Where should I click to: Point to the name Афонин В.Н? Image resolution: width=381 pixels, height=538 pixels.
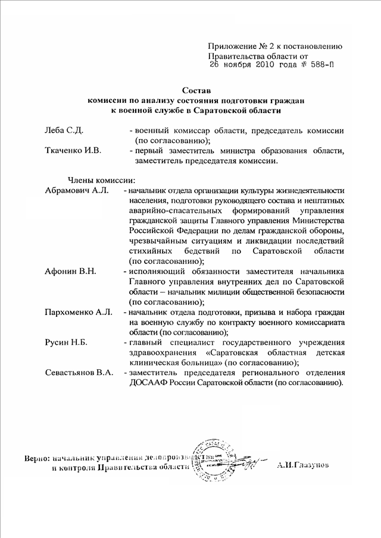71,272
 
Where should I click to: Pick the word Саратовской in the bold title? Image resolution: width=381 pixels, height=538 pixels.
246,111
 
